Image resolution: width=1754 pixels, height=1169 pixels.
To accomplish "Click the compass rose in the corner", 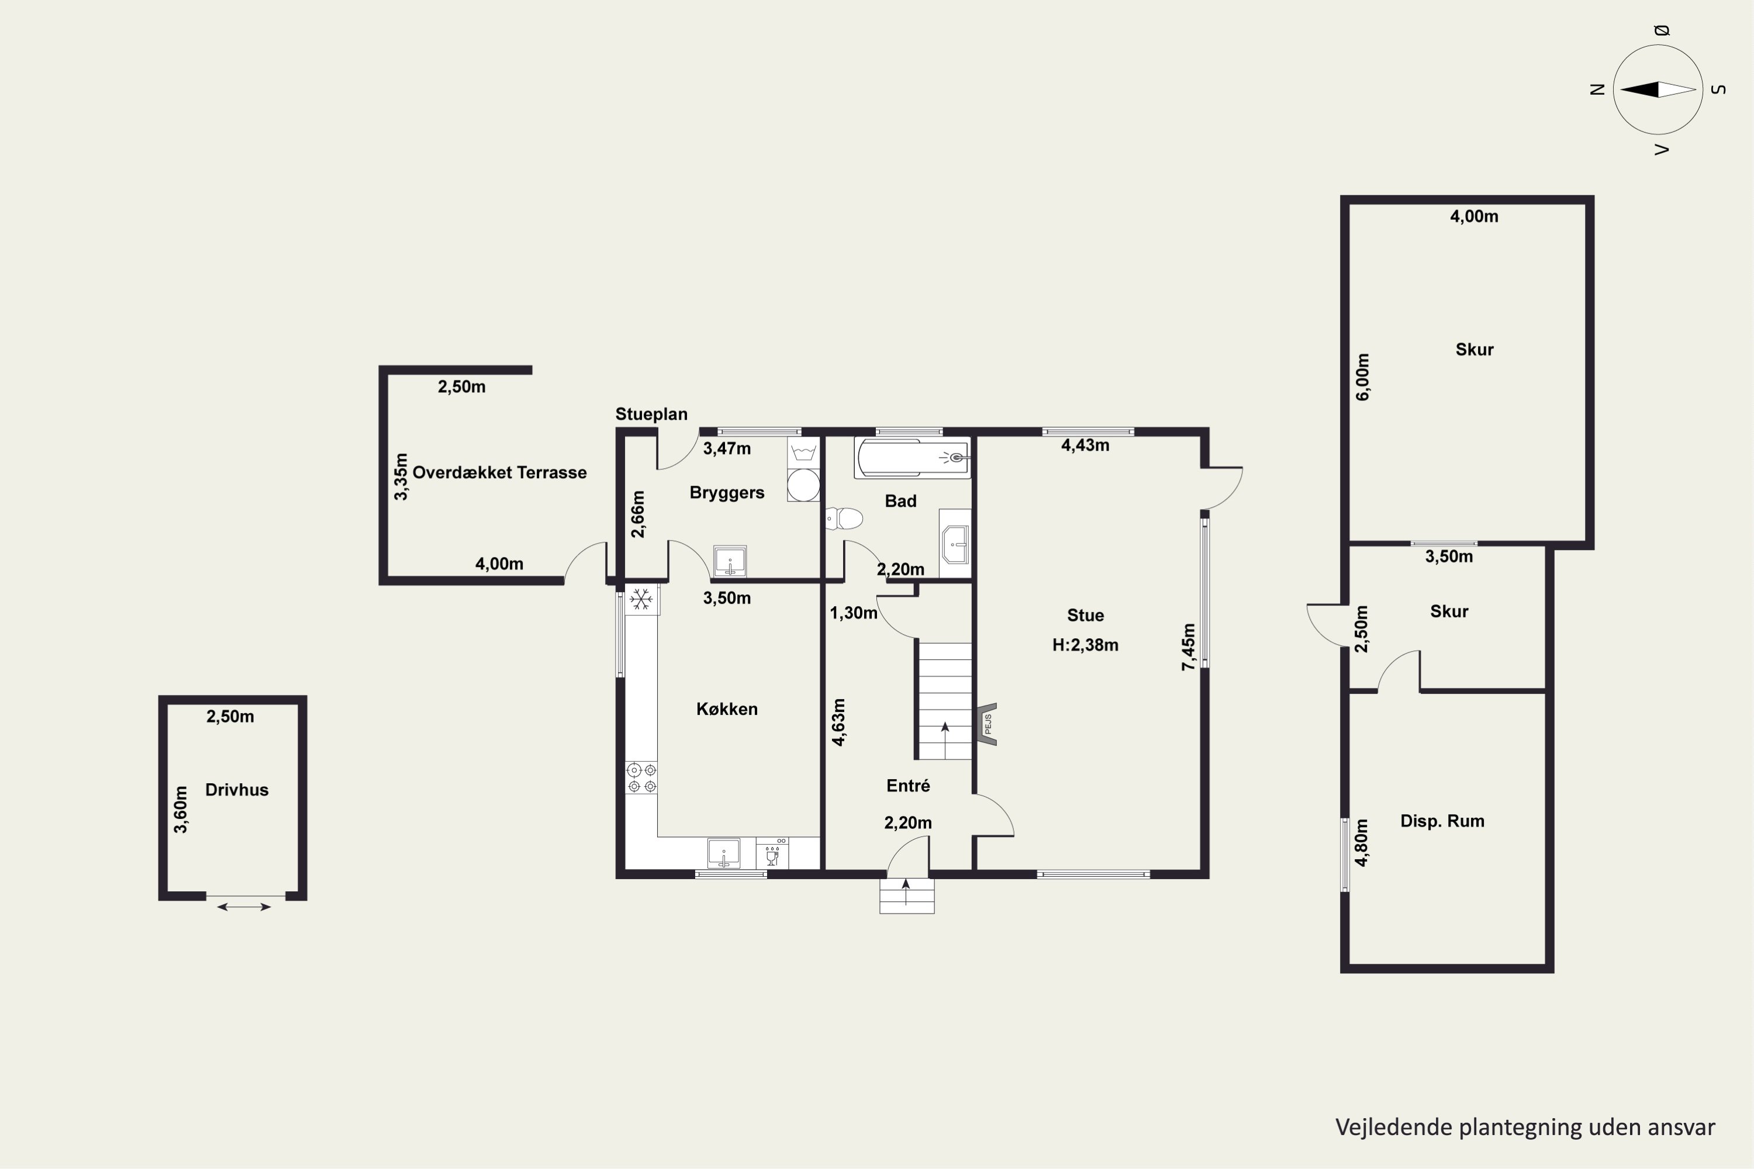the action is click(1658, 89).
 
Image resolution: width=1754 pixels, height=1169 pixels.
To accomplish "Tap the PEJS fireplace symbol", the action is click(988, 724).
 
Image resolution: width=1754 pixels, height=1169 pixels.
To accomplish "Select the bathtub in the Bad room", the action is click(913, 458).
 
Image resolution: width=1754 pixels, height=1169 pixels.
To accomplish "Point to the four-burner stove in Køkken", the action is click(641, 777).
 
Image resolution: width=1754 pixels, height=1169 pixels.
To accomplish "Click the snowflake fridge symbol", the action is click(641, 599).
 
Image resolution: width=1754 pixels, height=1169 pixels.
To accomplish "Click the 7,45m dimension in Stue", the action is click(1189, 647).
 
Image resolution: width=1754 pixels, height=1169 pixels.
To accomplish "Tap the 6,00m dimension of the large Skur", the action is click(1362, 377).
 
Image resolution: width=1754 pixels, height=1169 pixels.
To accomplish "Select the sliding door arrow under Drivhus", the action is click(244, 907).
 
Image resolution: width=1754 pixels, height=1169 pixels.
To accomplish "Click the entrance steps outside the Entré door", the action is click(907, 895).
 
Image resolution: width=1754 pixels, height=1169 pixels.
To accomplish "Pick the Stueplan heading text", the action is click(651, 414).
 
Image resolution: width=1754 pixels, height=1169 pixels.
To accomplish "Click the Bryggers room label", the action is click(727, 493).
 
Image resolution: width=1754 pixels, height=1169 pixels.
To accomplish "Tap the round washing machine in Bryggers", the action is click(804, 485).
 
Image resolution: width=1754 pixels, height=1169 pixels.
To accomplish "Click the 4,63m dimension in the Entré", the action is click(839, 722).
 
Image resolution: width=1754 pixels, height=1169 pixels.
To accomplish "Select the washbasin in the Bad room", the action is click(955, 544).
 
